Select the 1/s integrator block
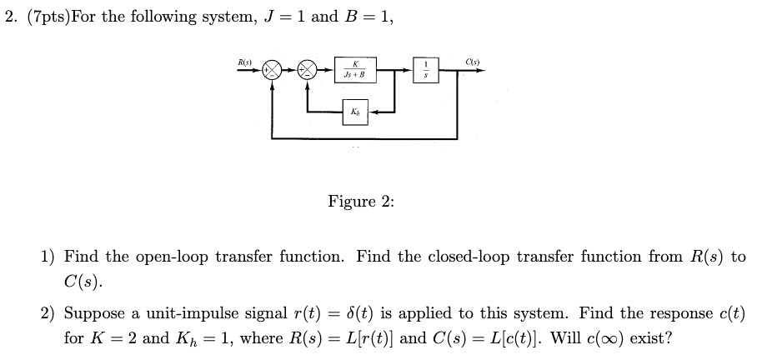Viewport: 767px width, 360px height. pos(427,71)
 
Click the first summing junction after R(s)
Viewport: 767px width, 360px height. pos(271,71)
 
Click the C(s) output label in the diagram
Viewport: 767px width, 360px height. pos(472,61)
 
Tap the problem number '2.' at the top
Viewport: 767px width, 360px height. pos(12,17)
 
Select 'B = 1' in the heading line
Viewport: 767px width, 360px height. pos(365,17)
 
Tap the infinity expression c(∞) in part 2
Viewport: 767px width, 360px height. pos(572,338)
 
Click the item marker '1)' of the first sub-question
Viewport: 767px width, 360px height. pos(48,257)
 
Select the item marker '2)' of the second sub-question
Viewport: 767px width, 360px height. pos(48,315)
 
